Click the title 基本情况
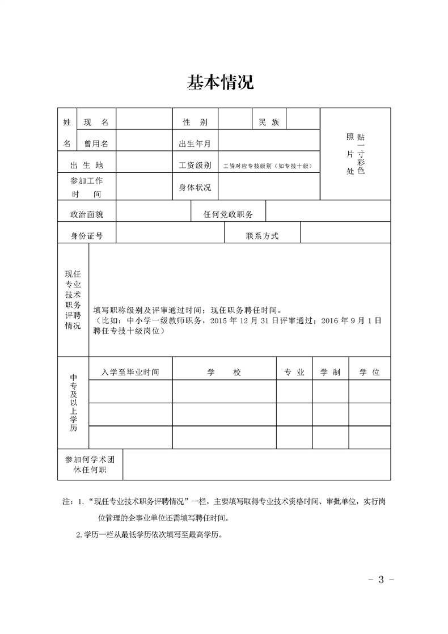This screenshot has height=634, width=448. (221, 82)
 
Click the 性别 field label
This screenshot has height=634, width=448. (195, 122)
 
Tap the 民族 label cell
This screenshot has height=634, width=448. (269, 122)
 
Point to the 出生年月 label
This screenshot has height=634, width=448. (195, 143)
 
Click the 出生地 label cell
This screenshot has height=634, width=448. (87, 165)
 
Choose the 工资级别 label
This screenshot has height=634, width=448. (195, 165)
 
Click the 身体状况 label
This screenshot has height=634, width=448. (195, 187)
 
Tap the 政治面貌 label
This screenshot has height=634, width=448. (87, 214)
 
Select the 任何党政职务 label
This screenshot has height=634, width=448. (229, 214)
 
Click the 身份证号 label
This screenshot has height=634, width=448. (87, 236)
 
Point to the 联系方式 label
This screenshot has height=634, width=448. (263, 236)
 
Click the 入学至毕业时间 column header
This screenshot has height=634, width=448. (130, 372)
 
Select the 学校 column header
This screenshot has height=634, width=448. (224, 372)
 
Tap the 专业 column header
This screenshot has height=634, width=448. (294, 372)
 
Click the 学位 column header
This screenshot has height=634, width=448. (369, 372)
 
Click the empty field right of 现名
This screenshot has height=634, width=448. (144, 122)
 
